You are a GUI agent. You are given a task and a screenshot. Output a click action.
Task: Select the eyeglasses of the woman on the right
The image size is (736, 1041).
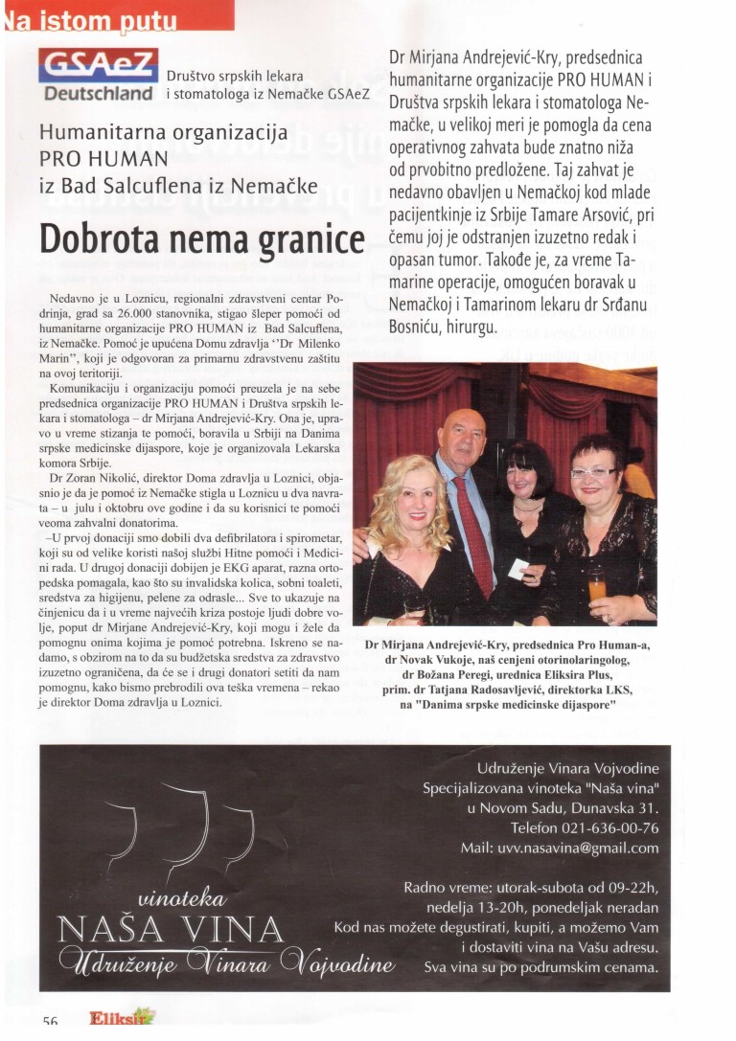pos(593,472)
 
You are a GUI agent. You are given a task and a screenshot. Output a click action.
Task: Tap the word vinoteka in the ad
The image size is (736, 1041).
pos(182,898)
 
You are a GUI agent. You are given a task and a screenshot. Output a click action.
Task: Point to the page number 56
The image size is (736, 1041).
pos(51,1022)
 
